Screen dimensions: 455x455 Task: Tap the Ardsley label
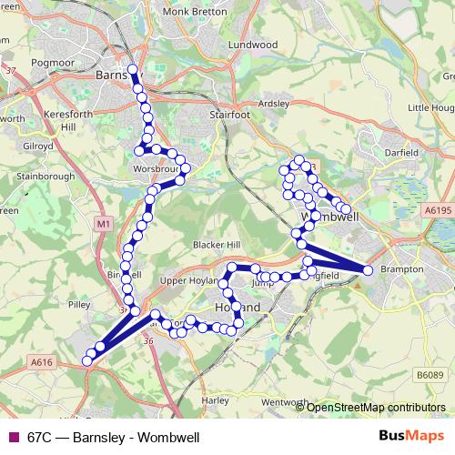[x=273, y=103]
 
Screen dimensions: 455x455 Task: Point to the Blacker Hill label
[x=216, y=244]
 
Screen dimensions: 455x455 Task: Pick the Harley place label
[x=216, y=399]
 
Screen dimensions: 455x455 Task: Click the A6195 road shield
[x=437, y=210]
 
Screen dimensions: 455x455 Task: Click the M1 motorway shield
[x=103, y=222]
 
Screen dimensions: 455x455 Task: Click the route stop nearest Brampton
[x=368, y=270]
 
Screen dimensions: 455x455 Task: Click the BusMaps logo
[x=410, y=437]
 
